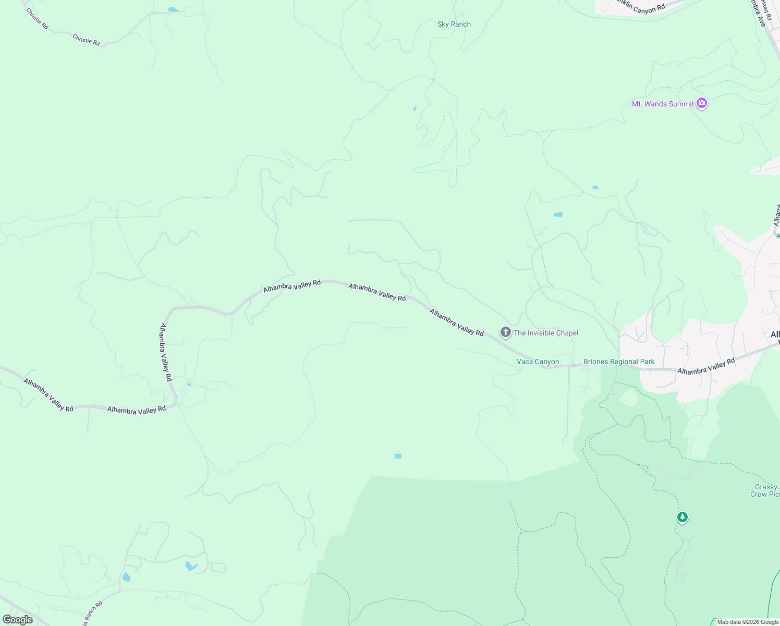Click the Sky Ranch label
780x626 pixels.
coord(454,24)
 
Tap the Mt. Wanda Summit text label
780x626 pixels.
coord(663,104)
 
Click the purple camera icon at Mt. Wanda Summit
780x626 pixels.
coord(702,103)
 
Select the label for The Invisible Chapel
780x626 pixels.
coord(545,333)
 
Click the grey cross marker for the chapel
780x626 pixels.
coord(505,332)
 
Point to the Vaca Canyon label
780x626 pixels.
coord(538,362)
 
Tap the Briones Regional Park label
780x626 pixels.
coord(619,362)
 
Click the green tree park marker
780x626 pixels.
coord(682,517)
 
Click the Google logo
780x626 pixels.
coord(17,620)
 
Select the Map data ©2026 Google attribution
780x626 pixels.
coord(748,622)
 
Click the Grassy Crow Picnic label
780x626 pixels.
coord(765,490)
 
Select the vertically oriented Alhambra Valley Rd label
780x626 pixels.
coord(165,352)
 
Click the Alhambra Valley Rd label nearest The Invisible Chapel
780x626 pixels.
coord(456,322)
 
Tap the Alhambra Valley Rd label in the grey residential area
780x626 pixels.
coord(705,366)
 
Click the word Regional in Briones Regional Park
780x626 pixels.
coord(624,362)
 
